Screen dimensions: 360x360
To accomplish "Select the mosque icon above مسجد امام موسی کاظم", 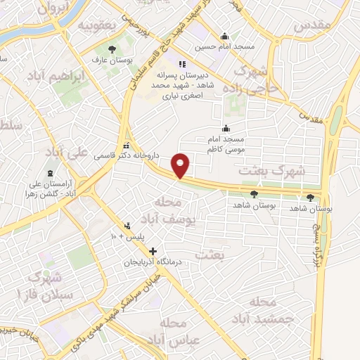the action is pos(226,128).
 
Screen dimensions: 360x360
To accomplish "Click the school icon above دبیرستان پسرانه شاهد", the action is pos(182,64).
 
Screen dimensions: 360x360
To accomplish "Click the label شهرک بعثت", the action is pos(272,170).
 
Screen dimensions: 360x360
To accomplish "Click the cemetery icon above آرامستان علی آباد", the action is pos(50,174).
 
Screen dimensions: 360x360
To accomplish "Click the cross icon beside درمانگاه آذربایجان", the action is pos(153,250).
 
